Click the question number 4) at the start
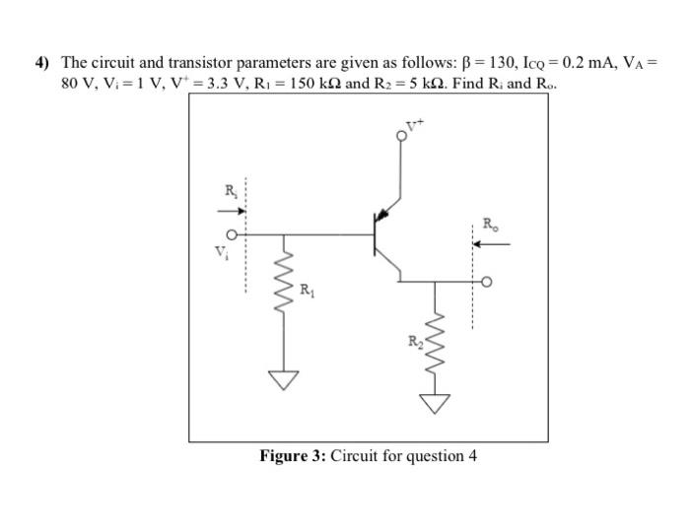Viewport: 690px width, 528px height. point(42,63)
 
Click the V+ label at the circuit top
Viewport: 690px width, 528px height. point(417,126)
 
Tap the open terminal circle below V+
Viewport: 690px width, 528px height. point(400,139)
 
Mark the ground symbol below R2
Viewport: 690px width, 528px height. point(435,402)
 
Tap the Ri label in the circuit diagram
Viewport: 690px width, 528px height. point(231,190)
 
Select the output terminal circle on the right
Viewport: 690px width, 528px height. point(485,283)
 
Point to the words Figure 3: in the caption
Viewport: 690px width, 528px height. point(293,455)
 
